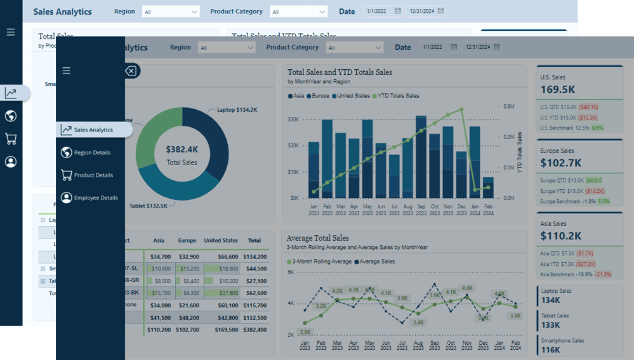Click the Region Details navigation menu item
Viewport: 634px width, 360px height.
click(92, 152)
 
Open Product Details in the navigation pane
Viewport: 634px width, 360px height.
click(93, 175)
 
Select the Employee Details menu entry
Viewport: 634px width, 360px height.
click(95, 198)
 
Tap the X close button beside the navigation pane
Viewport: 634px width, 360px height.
click(131, 71)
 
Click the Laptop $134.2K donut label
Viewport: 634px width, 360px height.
click(237, 110)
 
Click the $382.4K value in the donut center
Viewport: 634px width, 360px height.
click(182, 150)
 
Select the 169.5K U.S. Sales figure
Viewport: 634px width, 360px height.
click(558, 90)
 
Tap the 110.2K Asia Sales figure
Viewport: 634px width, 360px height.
click(561, 236)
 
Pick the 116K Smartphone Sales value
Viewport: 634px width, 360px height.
click(551, 350)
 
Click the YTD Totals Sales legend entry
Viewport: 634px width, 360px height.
click(399, 96)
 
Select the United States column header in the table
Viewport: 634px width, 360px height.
click(221, 241)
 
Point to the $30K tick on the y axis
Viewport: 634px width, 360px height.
click(293, 119)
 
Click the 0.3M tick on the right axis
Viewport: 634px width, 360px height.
click(509, 107)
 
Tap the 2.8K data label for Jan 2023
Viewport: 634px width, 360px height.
click(306, 332)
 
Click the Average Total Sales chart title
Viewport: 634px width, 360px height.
click(317, 238)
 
